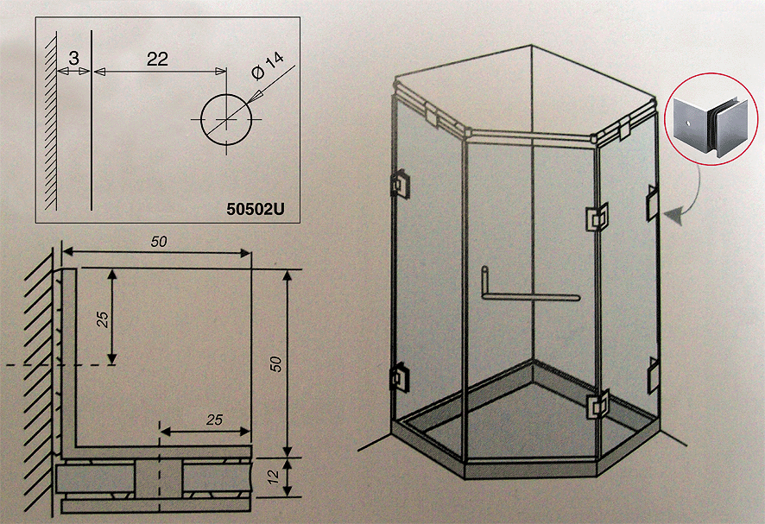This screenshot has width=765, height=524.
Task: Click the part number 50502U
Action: [x=256, y=209]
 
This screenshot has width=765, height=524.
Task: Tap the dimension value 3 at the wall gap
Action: [x=73, y=59]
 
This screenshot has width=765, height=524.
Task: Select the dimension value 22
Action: [x=158, y=59]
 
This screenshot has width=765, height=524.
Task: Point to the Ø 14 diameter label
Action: [x=268, y=66]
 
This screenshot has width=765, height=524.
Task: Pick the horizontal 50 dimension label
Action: [x=159, y=242]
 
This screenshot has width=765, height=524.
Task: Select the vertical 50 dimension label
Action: [x=276, y=364]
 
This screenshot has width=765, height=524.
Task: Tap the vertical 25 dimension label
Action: [x=103, y=319]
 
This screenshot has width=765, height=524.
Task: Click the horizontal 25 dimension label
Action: [x=214, y=420]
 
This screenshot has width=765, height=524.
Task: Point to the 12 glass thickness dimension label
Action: [x=274, y=477]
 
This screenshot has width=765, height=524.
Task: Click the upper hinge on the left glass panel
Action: [x=400, y=184]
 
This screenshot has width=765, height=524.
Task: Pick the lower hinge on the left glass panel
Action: [x=400, y=378]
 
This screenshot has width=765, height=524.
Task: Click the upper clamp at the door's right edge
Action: [x=597, y=217]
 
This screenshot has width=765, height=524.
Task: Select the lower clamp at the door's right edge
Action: [x=597, y=405]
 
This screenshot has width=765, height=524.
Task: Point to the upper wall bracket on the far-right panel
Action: [x=653, y=203]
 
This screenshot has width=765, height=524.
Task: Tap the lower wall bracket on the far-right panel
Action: [x=654, y=376]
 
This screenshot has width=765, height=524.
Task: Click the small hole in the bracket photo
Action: [x=687, y=123]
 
